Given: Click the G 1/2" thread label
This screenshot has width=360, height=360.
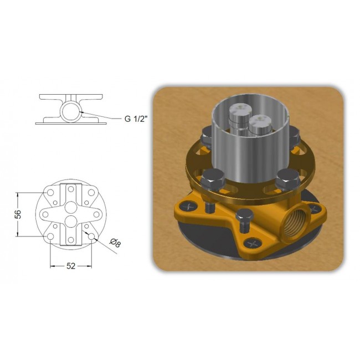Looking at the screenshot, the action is (136, 119).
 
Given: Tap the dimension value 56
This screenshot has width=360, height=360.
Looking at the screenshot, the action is (19, 214).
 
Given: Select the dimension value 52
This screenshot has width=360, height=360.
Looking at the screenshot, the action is (71, 266).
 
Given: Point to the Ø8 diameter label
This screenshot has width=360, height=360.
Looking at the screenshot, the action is (115, 243).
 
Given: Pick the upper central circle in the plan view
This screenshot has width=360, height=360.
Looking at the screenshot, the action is (71, 207).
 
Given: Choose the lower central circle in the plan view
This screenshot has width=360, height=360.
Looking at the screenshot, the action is (71, 222).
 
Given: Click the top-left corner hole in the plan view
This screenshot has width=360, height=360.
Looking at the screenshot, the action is (50, 192).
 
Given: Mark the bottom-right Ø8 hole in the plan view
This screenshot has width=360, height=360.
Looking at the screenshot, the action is (91, 236).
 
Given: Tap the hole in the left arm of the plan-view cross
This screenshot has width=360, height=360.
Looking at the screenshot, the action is (45, 214).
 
